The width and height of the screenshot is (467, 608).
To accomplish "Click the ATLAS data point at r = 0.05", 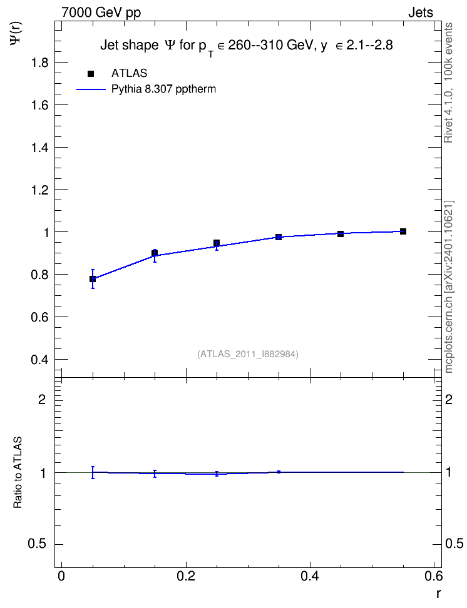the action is pos(93,279).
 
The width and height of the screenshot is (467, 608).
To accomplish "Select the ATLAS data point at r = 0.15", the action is pos(155,253).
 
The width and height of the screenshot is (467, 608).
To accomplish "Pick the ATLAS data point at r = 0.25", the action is pos(217,243).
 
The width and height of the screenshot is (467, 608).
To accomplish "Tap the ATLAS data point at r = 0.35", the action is pos(279,237).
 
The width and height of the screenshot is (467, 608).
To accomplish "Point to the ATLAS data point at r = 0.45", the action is pos(341,234).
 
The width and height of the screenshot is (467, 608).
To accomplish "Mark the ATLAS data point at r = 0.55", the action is pos(403,231).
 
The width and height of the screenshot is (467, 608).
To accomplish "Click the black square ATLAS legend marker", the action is pos(91,73).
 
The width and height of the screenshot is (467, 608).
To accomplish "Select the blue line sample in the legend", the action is pos(91,89).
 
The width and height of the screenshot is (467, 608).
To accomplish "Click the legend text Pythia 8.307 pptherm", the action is pos(163,89).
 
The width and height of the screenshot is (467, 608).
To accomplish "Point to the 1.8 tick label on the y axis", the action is pos(39,63).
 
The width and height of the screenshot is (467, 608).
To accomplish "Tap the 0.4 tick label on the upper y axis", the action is pos(39,360).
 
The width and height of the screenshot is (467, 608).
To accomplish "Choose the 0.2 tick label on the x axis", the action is pos(185,576).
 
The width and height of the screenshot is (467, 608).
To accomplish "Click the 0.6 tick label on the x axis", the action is pos(434,576).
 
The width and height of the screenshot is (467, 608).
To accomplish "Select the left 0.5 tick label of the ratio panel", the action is pos(38,544).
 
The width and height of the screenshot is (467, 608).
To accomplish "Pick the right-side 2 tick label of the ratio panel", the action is pos(448,399).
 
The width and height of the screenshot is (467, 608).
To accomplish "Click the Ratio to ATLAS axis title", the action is pos(18,472).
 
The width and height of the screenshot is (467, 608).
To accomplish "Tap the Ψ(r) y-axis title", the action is pos(16,34).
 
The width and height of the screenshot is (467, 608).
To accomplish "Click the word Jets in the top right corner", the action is pos(421,13).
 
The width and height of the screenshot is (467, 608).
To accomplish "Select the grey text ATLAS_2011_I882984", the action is pos(248,354).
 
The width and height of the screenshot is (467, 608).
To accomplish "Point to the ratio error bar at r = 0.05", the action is pos(93,472).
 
